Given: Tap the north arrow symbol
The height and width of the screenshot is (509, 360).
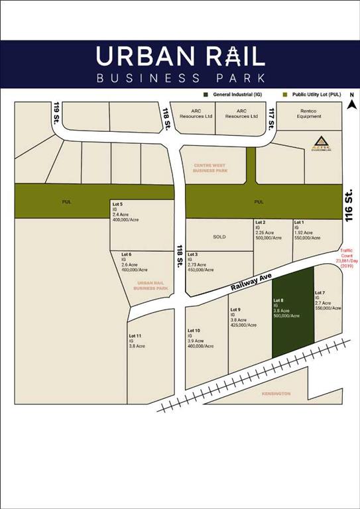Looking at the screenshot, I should coord(353,102).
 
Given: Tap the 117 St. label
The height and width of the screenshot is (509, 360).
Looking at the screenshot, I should coord(271,119).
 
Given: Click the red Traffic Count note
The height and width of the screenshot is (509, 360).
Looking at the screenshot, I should coord(348,256).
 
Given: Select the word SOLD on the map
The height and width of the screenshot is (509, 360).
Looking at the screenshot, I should coord(219,237).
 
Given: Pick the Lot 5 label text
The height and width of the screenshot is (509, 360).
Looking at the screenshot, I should coord(117,204).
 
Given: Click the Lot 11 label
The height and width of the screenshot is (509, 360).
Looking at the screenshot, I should coord(135,337).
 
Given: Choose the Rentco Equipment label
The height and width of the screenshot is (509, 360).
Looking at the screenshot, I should coord(309,113).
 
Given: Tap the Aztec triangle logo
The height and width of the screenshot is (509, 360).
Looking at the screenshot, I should coord(320,141).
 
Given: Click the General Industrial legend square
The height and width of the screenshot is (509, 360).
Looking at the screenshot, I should coord(208,94).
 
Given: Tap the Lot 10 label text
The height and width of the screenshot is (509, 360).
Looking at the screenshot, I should coord(194,330).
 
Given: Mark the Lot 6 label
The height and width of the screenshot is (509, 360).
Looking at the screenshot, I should coord(126,254).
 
